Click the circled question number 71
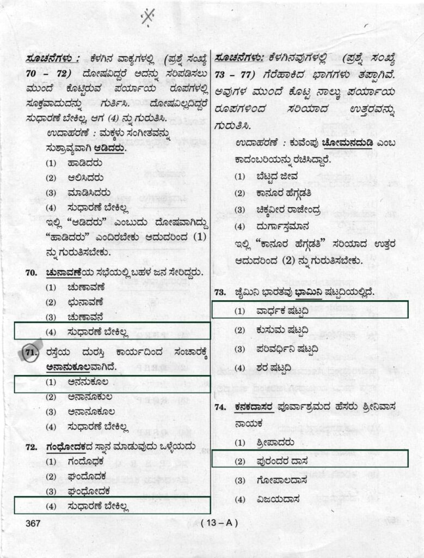31,353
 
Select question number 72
31,447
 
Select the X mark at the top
148,17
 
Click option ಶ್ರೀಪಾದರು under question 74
275,442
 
